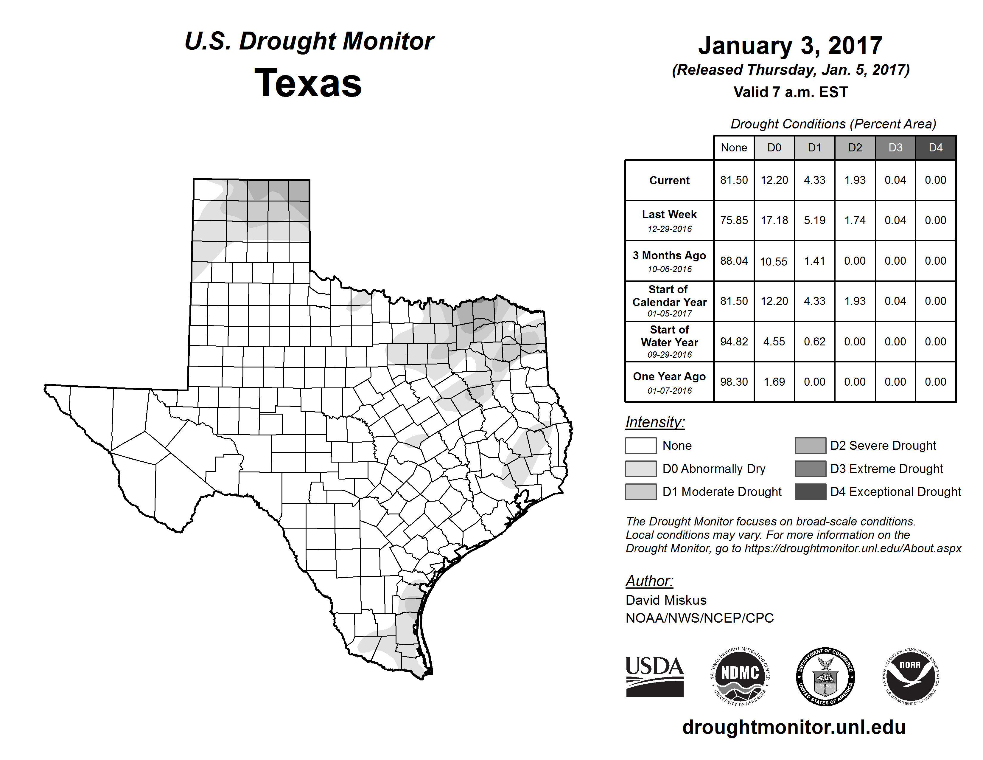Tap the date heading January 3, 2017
(790, 46)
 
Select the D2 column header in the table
(855, 148)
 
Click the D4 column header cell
(935, 148)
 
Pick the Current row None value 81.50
(734, 180)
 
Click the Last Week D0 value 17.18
(774, 220)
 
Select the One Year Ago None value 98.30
(734, 382)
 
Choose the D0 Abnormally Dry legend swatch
(640, 468)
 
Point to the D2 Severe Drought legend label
(883, 445)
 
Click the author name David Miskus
(666, 600)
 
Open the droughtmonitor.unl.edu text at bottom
(794, 727)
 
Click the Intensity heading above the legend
(655, 422)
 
